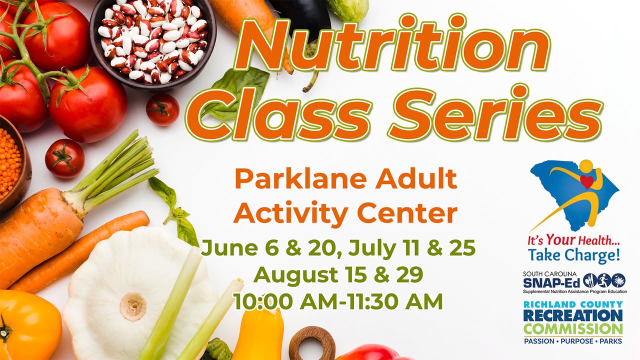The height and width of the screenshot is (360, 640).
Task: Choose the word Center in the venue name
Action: tap(407, 213)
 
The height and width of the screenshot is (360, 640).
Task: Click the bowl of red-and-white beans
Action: tap(153, 41)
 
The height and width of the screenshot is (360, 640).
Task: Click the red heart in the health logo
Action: tap(587, 182)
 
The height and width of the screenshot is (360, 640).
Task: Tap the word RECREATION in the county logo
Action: tap(573, 316)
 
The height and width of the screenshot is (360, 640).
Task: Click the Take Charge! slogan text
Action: tap(573, 255)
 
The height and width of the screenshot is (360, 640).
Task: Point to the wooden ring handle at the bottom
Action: tap(312, 343)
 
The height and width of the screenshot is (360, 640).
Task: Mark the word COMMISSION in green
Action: tap(573, 329)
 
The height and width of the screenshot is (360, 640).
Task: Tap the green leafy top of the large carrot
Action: tap(114, 174)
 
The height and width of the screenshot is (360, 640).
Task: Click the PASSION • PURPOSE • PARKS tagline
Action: tap(573, 341)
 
